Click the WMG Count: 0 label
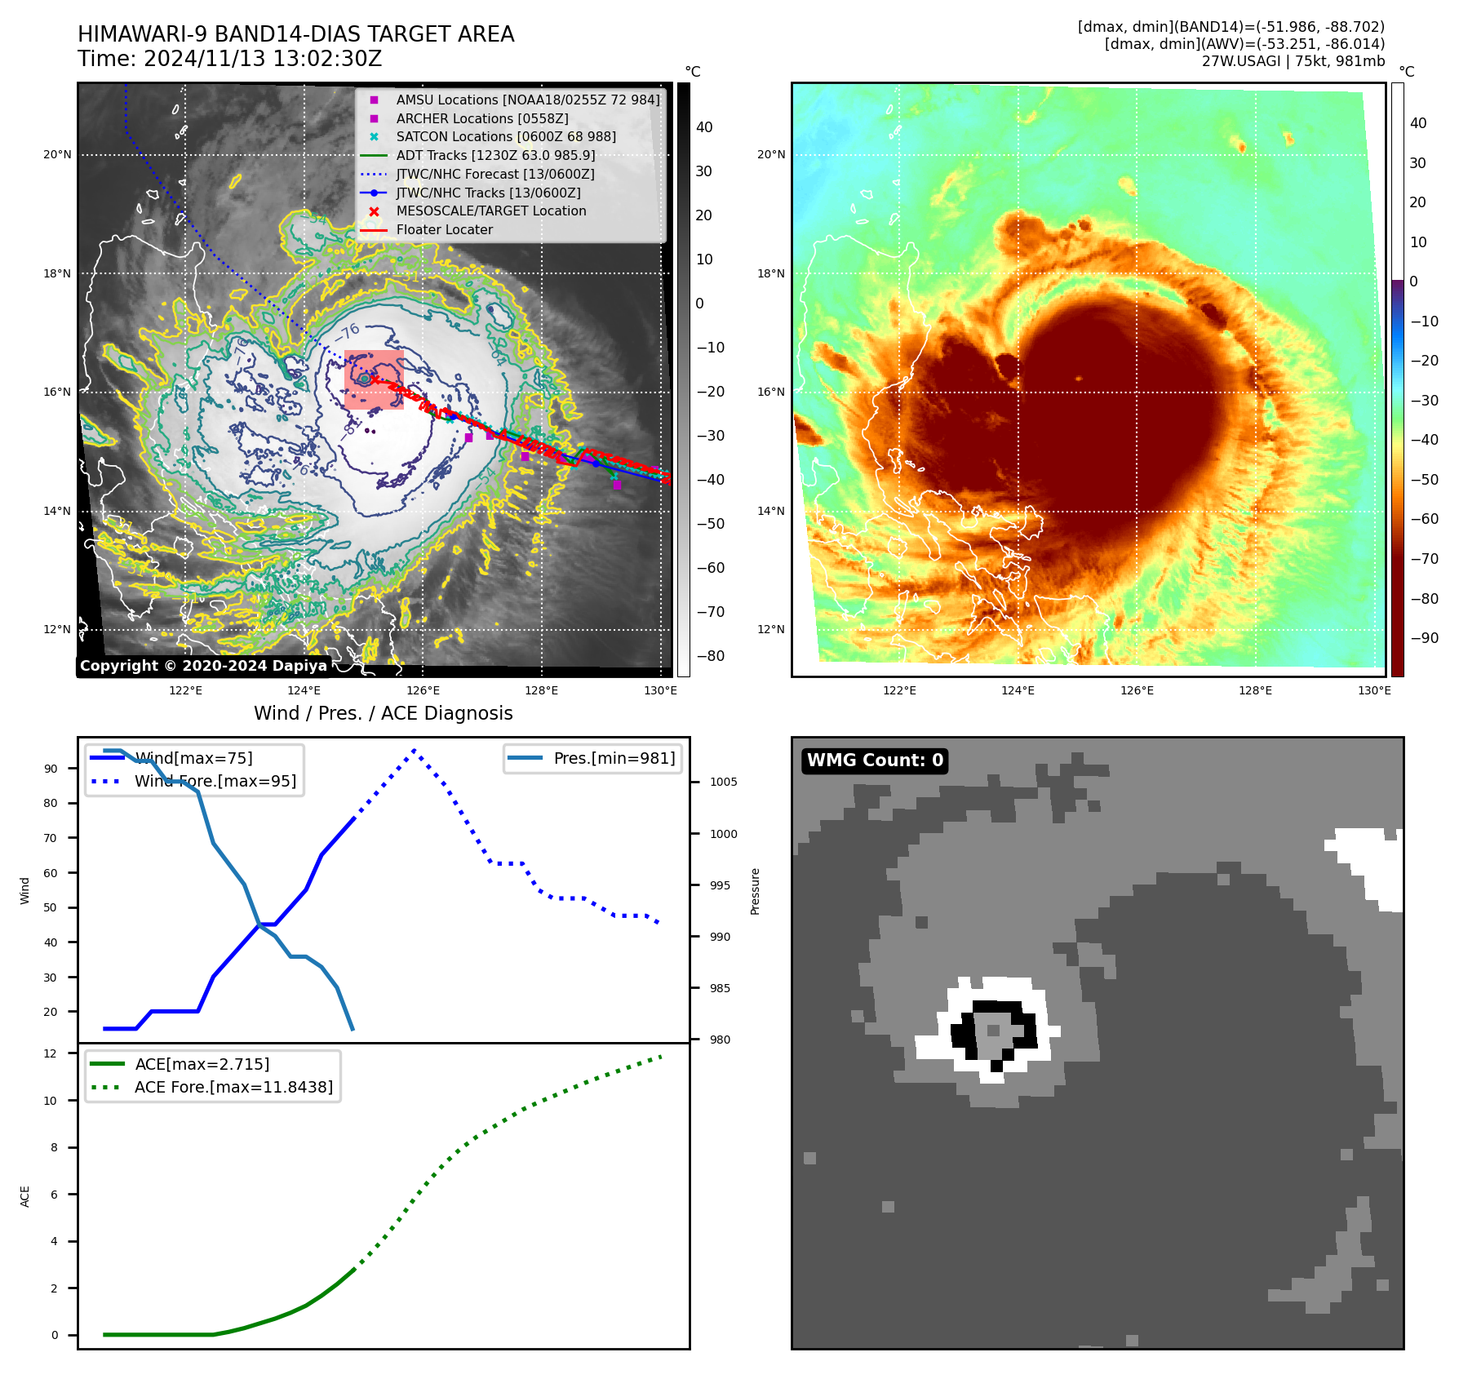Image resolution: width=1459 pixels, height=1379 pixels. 874,760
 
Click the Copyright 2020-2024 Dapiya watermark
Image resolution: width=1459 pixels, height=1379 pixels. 203,666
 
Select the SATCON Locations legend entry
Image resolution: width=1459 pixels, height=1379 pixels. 505,137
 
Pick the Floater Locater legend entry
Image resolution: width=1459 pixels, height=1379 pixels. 444,230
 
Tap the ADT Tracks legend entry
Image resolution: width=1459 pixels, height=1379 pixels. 494,155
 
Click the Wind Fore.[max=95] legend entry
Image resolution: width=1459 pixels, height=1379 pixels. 215,781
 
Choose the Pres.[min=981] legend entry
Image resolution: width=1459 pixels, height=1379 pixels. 614,758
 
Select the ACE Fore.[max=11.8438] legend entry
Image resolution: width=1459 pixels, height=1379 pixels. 233,1087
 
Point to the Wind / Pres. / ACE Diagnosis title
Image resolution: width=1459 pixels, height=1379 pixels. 384,713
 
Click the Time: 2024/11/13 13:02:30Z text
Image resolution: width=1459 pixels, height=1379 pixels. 230,59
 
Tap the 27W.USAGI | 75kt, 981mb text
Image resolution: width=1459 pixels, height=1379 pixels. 1293,61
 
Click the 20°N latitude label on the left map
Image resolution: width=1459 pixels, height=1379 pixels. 57,155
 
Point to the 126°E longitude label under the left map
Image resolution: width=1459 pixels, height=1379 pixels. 423,691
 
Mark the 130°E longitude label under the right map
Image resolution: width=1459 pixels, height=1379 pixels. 1374,691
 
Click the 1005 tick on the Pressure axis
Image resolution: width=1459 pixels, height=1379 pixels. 723,782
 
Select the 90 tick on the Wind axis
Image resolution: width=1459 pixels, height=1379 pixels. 51,769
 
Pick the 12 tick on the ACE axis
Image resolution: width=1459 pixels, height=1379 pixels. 51,1053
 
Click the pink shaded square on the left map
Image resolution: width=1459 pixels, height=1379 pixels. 374,379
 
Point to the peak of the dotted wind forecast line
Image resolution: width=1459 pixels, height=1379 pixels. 415,750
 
